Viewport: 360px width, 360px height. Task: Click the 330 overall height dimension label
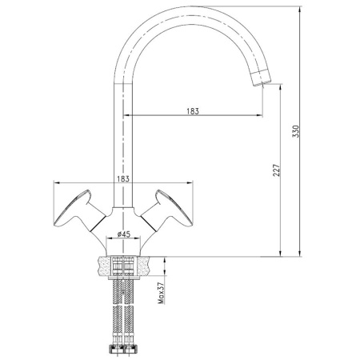click(296, 133)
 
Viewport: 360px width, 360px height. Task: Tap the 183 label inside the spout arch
click(191, 111)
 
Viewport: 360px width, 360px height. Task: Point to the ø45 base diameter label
click(124, 234)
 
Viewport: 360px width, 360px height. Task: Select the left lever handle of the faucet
click(76, 206)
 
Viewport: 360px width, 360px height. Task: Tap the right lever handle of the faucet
click(173, 206)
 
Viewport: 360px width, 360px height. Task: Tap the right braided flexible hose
click(131, 308)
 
